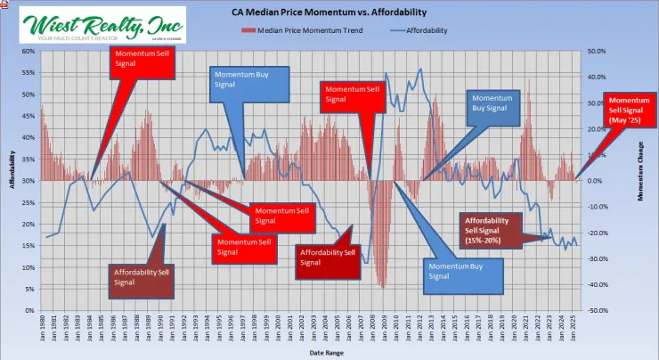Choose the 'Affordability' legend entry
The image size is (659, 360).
[x=418, y=30]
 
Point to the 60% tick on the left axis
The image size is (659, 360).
[x=28, y=52]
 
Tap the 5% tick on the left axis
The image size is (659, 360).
[x=29, y=289]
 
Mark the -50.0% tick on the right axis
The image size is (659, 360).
[x=595, y=311]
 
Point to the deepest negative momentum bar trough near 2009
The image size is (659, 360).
[x=381, y=287]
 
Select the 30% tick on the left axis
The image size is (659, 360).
[x=28, y=181]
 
